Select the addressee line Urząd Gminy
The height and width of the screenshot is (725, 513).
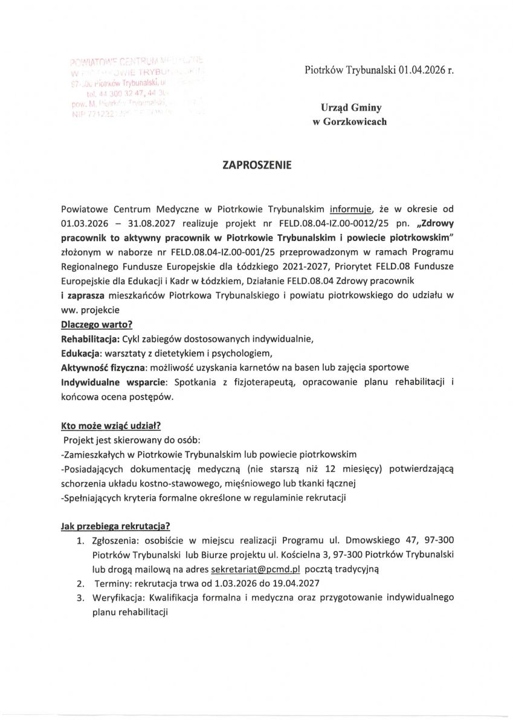[x=351, y=108]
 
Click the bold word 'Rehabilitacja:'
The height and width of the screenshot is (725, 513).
[x=90, y=338]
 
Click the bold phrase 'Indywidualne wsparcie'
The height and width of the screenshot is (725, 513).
[x=115, y=382]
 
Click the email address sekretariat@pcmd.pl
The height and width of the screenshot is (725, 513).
[x=256, y=569]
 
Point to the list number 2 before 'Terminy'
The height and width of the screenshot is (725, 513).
[x=79, y=584]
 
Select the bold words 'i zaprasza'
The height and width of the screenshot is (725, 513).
[x=83, y=294]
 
